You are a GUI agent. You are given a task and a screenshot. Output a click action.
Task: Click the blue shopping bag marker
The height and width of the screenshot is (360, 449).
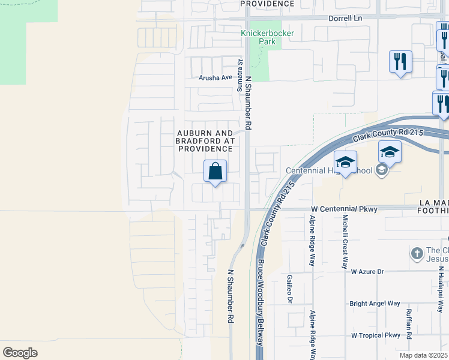pyautogui.click(x=215, y=172)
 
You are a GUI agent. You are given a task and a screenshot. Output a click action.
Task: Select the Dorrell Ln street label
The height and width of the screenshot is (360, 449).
pyautogui.click(x=346, y=19)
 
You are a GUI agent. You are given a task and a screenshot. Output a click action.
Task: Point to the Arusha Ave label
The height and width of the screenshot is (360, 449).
pyautogui.click(x=215, y=77)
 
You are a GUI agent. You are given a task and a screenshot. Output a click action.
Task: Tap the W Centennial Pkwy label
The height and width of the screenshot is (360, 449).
pyautogui.click(x=344, y=209)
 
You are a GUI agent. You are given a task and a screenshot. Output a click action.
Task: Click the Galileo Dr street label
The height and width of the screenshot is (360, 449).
pyautogui.click(x=290, y=289)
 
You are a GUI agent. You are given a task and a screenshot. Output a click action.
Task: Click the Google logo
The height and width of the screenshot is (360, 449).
pyautogui.click(x=20, y=352)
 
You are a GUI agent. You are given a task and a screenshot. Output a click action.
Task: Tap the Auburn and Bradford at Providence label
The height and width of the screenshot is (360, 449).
pyautogui.click(x=204, y=140)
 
